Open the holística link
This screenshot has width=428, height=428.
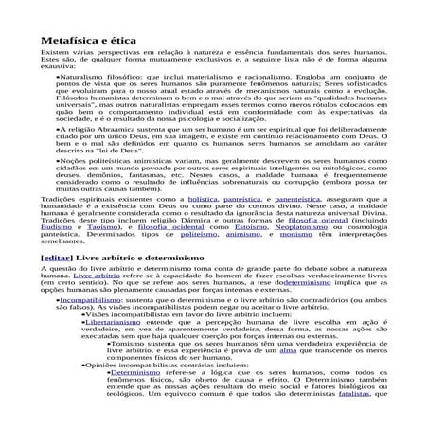(201, 200)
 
